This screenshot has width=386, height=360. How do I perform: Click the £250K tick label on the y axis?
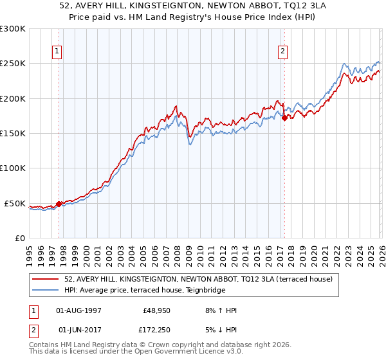(x=13, y=64)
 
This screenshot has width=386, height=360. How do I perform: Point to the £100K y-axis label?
(x=13, y=168)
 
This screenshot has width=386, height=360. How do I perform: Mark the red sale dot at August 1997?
(x=59, y=204)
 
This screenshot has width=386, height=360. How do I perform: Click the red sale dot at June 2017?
(x=284, y=118)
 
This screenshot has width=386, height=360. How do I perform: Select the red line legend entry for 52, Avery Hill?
(x=198, y=280)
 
